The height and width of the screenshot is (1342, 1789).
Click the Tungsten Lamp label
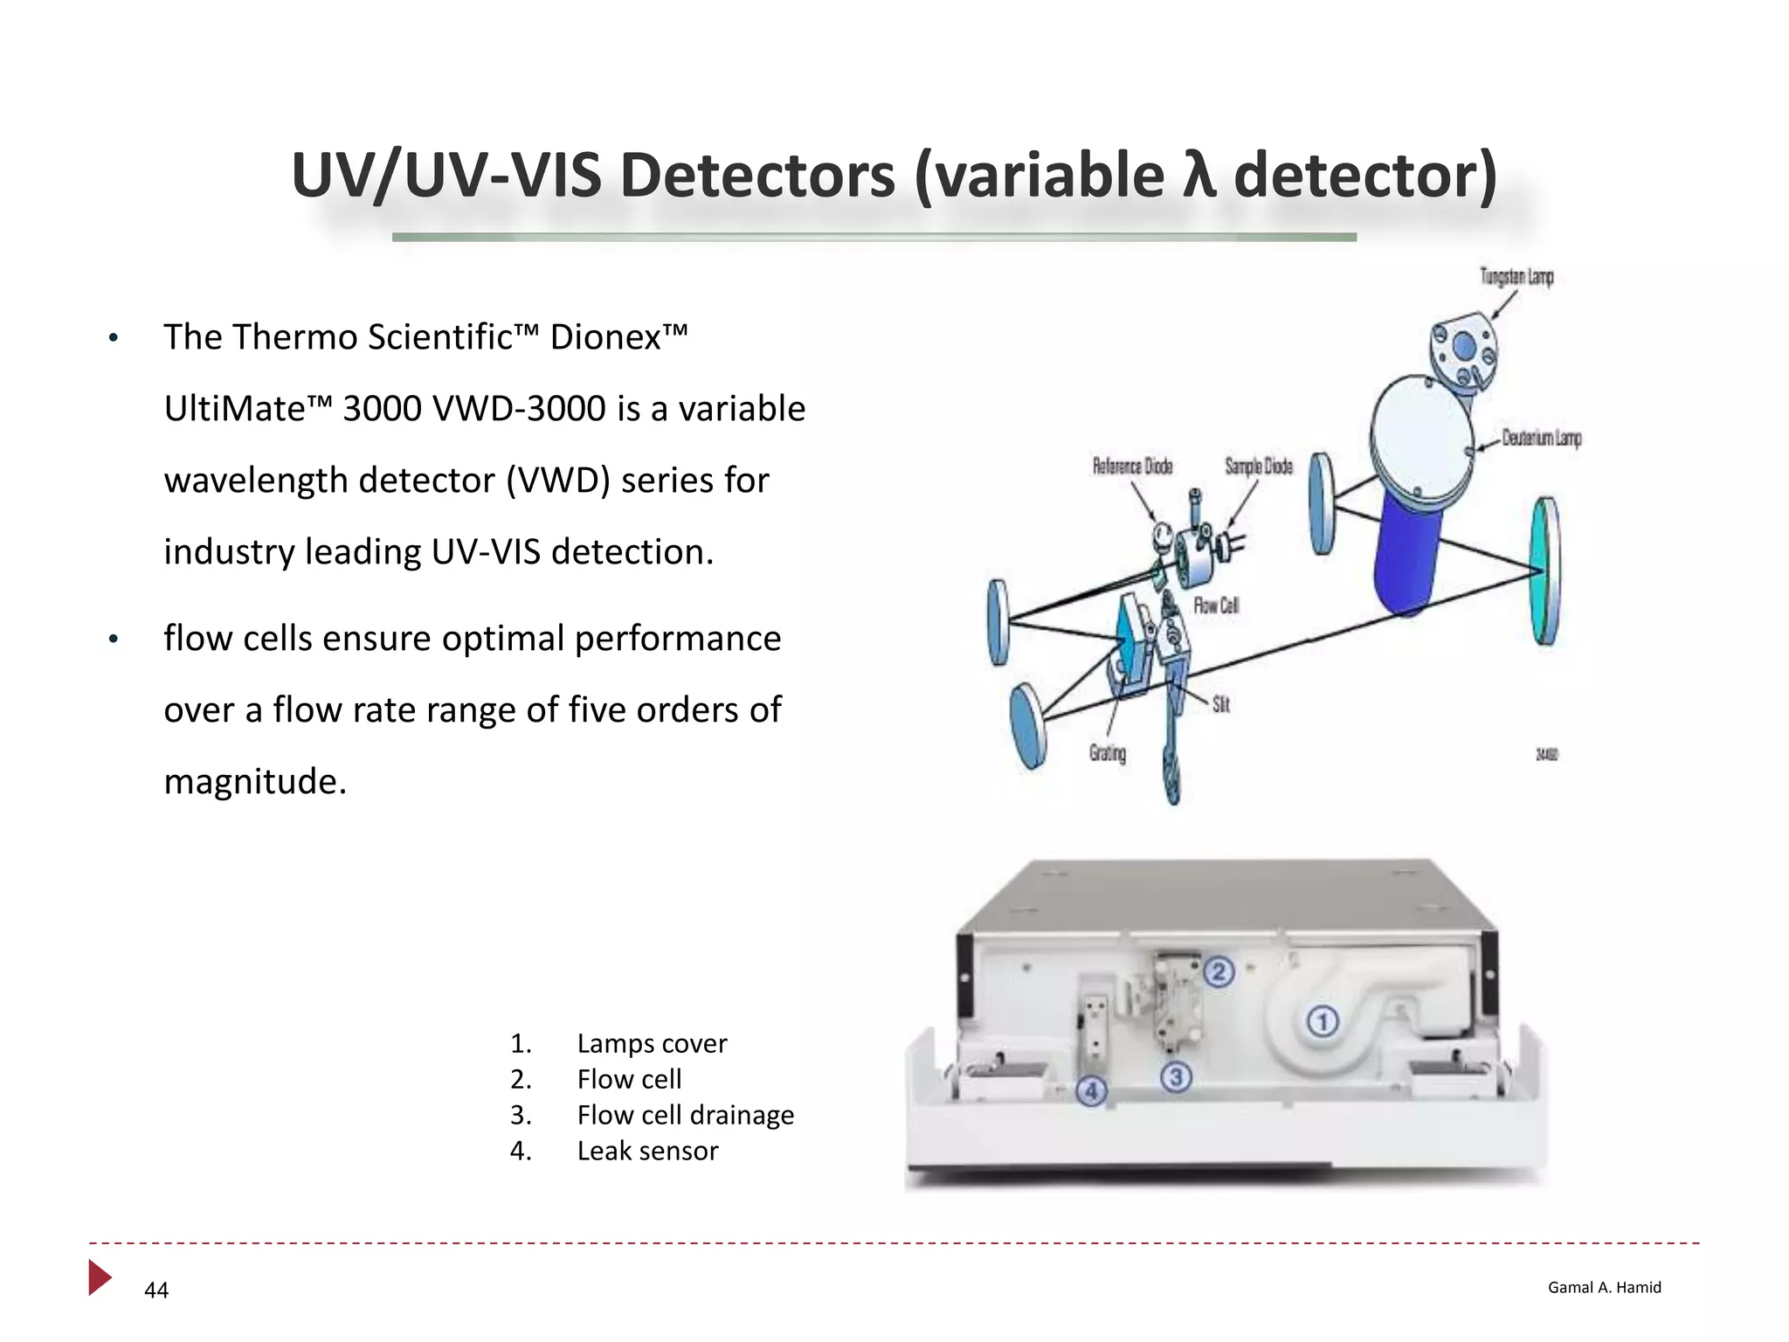tap(1516, 277)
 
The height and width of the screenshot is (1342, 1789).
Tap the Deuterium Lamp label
tap(1542, 438)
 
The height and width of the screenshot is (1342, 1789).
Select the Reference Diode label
tap(1132, 467)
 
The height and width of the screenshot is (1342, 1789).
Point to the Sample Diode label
tap(1258, 467)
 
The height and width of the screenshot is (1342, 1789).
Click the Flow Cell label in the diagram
tap(1216, 605)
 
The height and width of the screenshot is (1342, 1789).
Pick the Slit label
tap(1221, 704)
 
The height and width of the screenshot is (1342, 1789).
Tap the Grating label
tap(1108, 753)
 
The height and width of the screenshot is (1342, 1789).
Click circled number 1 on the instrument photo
tap(1323, 1020)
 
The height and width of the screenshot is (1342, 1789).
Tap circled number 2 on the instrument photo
tap(1219, 972)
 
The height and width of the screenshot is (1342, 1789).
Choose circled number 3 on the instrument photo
tap(1176, 1077)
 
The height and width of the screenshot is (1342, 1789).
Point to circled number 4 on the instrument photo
tap(1091, 1090)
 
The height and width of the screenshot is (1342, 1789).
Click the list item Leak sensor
tap(647, 1151)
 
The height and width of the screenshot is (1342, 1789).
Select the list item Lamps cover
tap(652, 1043)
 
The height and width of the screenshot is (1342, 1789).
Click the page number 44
tap(156, 1290)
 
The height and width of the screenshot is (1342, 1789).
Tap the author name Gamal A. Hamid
tap(1604, 1287)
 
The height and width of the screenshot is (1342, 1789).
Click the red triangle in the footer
tap(100, 1277)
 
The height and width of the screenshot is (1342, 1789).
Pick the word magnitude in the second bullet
tap(255, 781)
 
